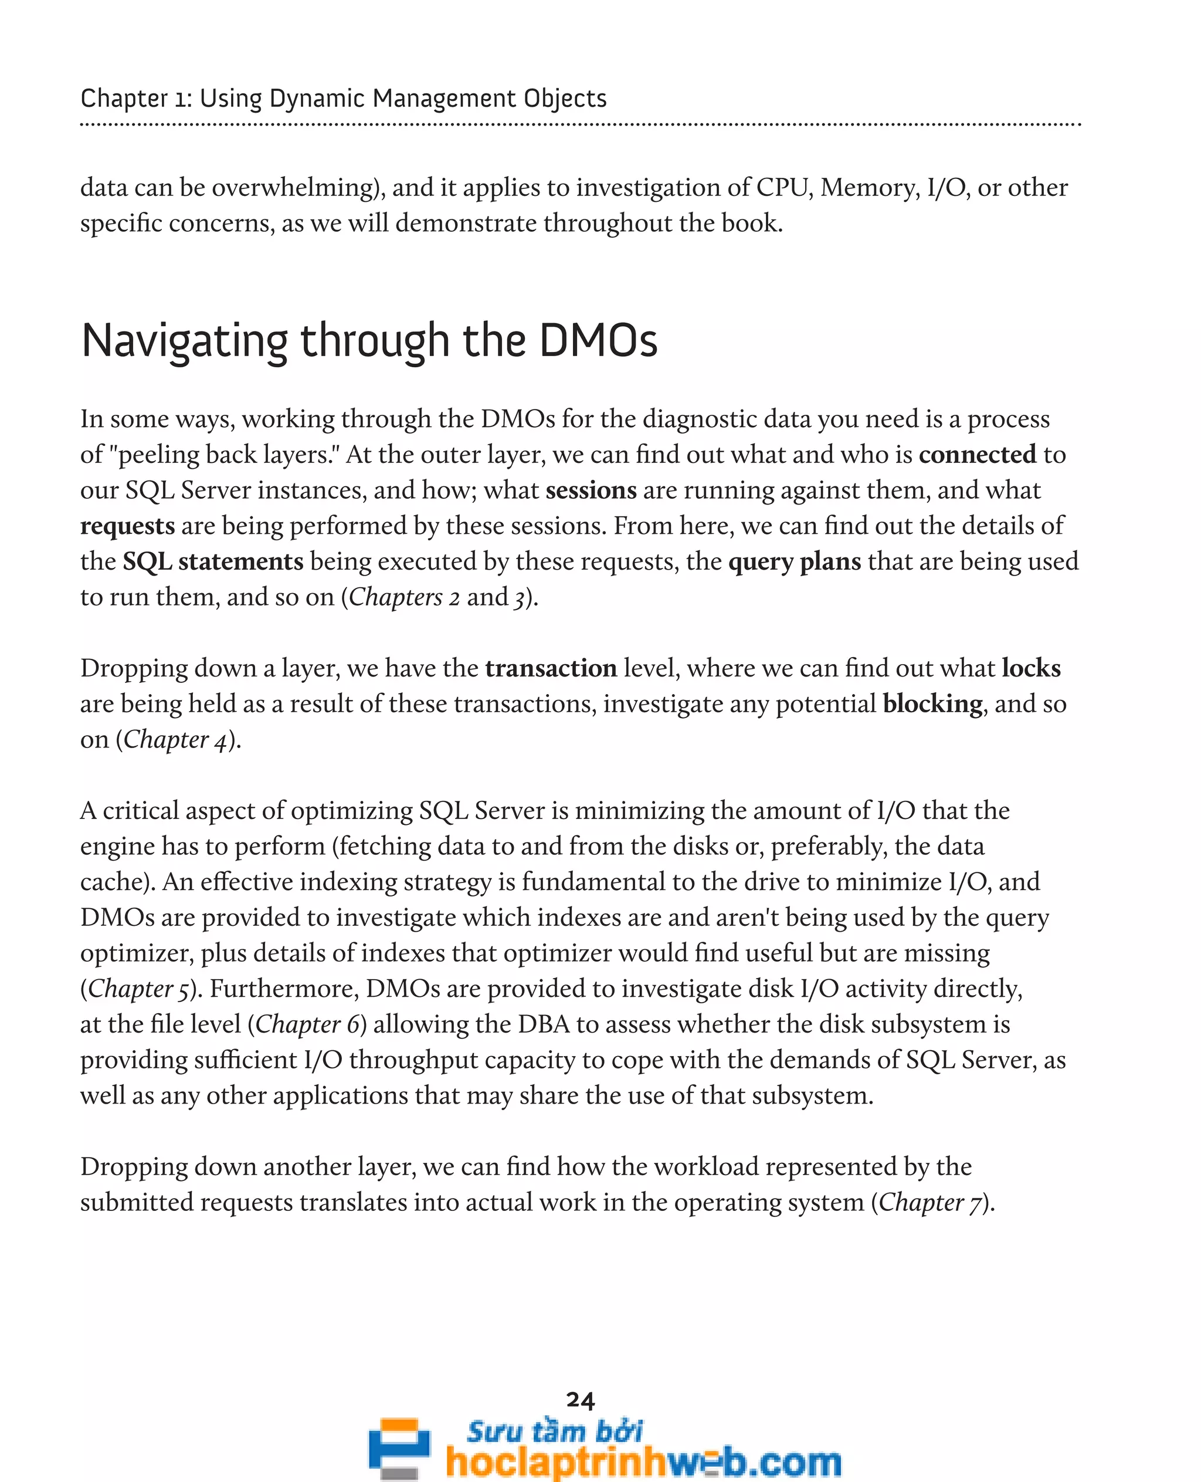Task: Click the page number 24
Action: point(580,1400)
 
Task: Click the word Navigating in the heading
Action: point(184,341)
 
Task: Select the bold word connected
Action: point(977,454)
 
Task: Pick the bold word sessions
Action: point(591,490)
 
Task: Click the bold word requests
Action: point(127,526)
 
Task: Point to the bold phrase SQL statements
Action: point(213,561)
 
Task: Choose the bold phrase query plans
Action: point(794,561)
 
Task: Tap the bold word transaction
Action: point(551,668)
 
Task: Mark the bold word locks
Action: point(1031,668)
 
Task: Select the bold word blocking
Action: point(932,704)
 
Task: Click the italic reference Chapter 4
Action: point(175,740)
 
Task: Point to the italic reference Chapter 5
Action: point(138,989)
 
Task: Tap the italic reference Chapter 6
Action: point(307,1024)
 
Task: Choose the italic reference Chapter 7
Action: point(931,1202)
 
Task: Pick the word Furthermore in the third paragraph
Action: point(284,989)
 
